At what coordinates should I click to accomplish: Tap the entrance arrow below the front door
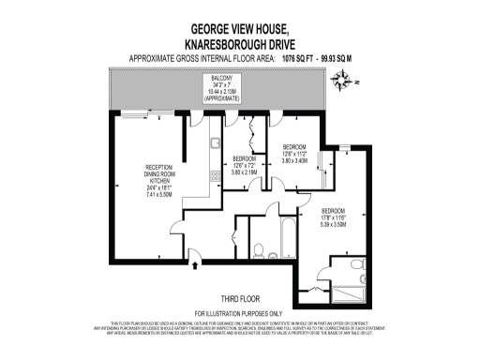[193, 267]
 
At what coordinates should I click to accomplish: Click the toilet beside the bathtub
[271, 252]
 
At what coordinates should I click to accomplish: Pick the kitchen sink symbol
[215, 143]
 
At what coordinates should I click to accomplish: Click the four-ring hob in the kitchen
[215, 174]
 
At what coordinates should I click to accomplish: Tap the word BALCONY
[221, 80]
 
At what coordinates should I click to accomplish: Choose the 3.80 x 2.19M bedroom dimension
[246, 172]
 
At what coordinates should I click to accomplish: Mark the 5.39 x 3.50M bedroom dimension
[335, 225]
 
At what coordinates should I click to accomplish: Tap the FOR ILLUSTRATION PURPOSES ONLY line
[238, 313]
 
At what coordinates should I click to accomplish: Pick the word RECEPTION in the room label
[147, 167]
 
